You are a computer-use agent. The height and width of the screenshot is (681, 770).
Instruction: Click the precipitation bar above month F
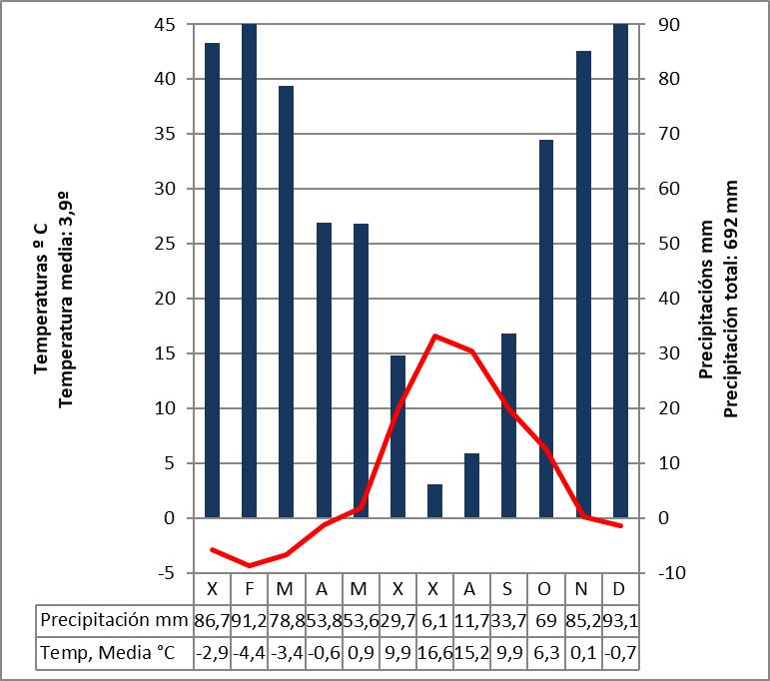click(250, 270)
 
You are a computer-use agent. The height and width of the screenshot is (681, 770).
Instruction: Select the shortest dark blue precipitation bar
click(434, 500)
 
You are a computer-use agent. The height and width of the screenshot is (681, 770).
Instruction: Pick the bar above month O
click(546, 329)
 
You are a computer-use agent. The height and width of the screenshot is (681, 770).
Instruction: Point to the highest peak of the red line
click(435, 336)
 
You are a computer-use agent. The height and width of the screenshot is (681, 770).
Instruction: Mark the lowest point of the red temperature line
click(250, 565)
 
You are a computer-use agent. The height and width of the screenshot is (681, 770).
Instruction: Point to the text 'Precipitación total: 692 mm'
click(731, 300)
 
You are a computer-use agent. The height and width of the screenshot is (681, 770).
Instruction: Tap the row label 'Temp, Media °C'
click(108, 653)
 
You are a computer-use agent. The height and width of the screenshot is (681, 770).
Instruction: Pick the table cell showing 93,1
click(621, 619)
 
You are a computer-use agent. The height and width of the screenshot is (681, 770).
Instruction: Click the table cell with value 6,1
click(435, 619)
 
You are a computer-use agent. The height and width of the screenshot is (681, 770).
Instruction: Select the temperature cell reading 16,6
click(435, 653)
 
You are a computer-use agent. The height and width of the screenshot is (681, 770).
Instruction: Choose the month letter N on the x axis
click(584, 587)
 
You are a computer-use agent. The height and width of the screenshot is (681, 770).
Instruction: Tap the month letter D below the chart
click(621, 587)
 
